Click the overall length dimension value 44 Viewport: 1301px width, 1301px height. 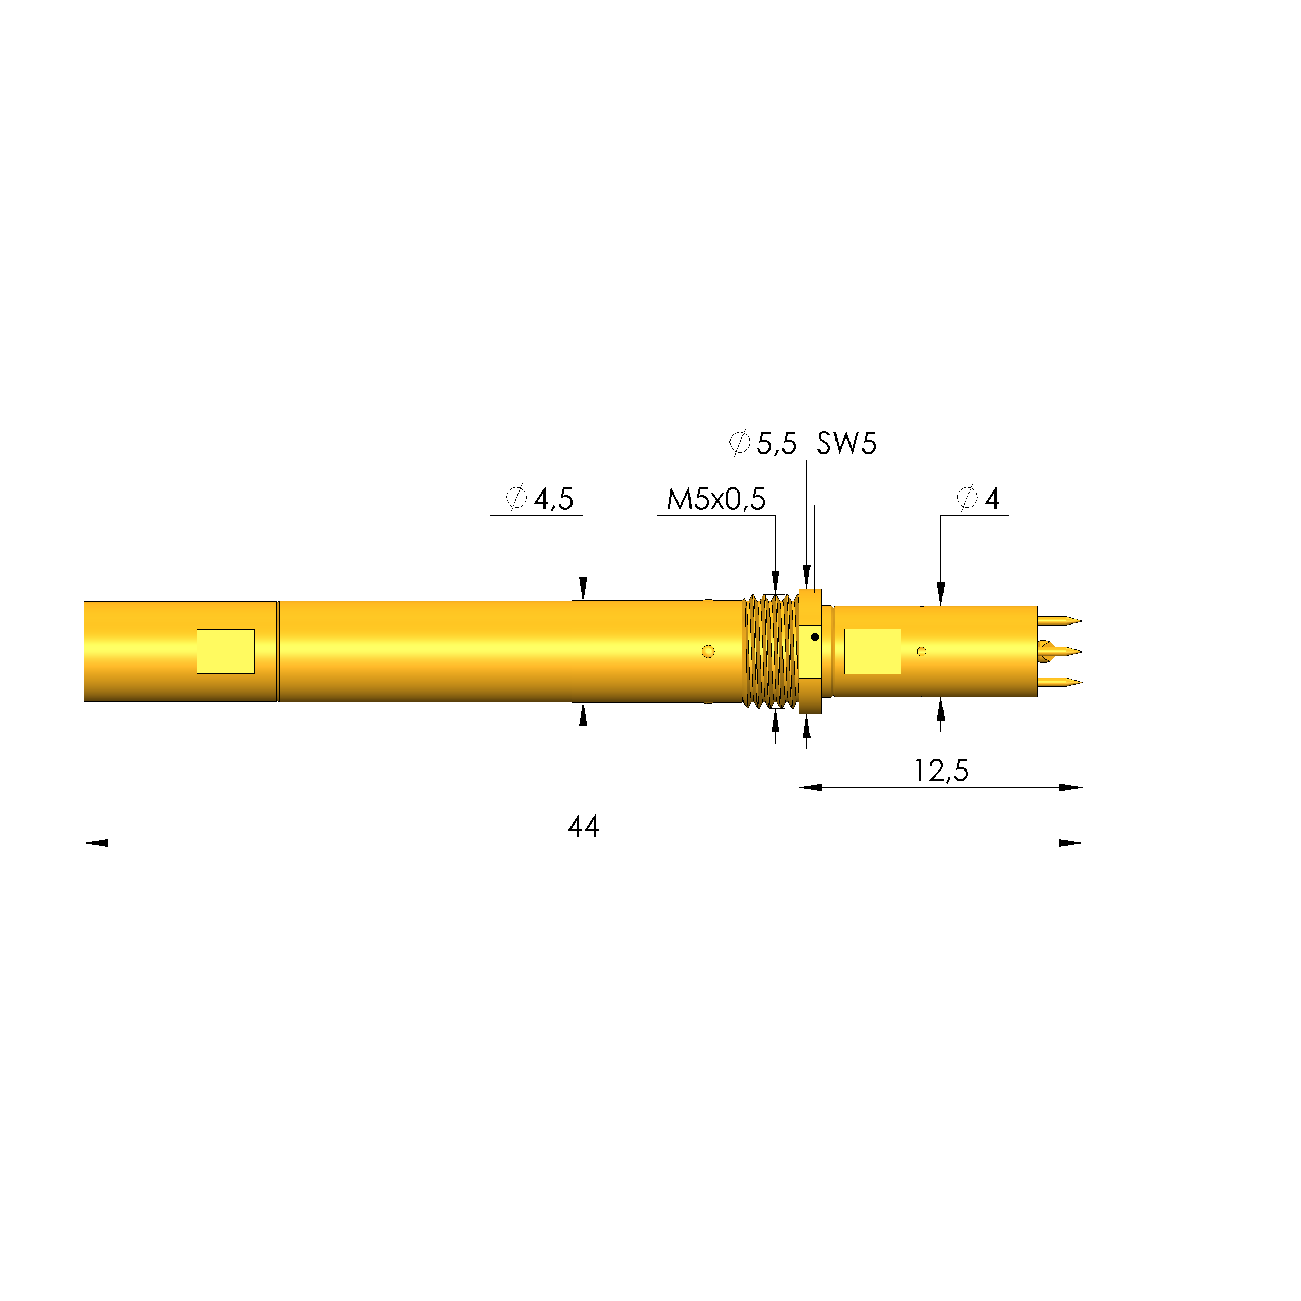click(x=582, y=826)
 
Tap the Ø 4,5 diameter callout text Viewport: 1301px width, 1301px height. click(x=540, y=499)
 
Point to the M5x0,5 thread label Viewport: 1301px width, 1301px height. click(x=716, y=499)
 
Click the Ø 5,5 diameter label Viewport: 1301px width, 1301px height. click(x=763, y=443)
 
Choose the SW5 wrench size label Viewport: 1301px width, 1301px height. click(x=846, y=443)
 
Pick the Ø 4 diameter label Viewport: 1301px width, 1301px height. click(x=978, y=498)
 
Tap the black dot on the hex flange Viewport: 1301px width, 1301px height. click(x=815, y=637)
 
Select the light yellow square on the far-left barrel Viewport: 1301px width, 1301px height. click(x=225, y=651)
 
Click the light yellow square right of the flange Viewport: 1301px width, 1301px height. click(x=873, y=651)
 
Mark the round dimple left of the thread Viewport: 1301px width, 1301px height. click(x=708, y=651)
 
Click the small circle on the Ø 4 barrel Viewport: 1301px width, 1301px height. click(x=922, y=651)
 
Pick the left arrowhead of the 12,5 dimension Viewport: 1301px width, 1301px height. click(x=810, y=787)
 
